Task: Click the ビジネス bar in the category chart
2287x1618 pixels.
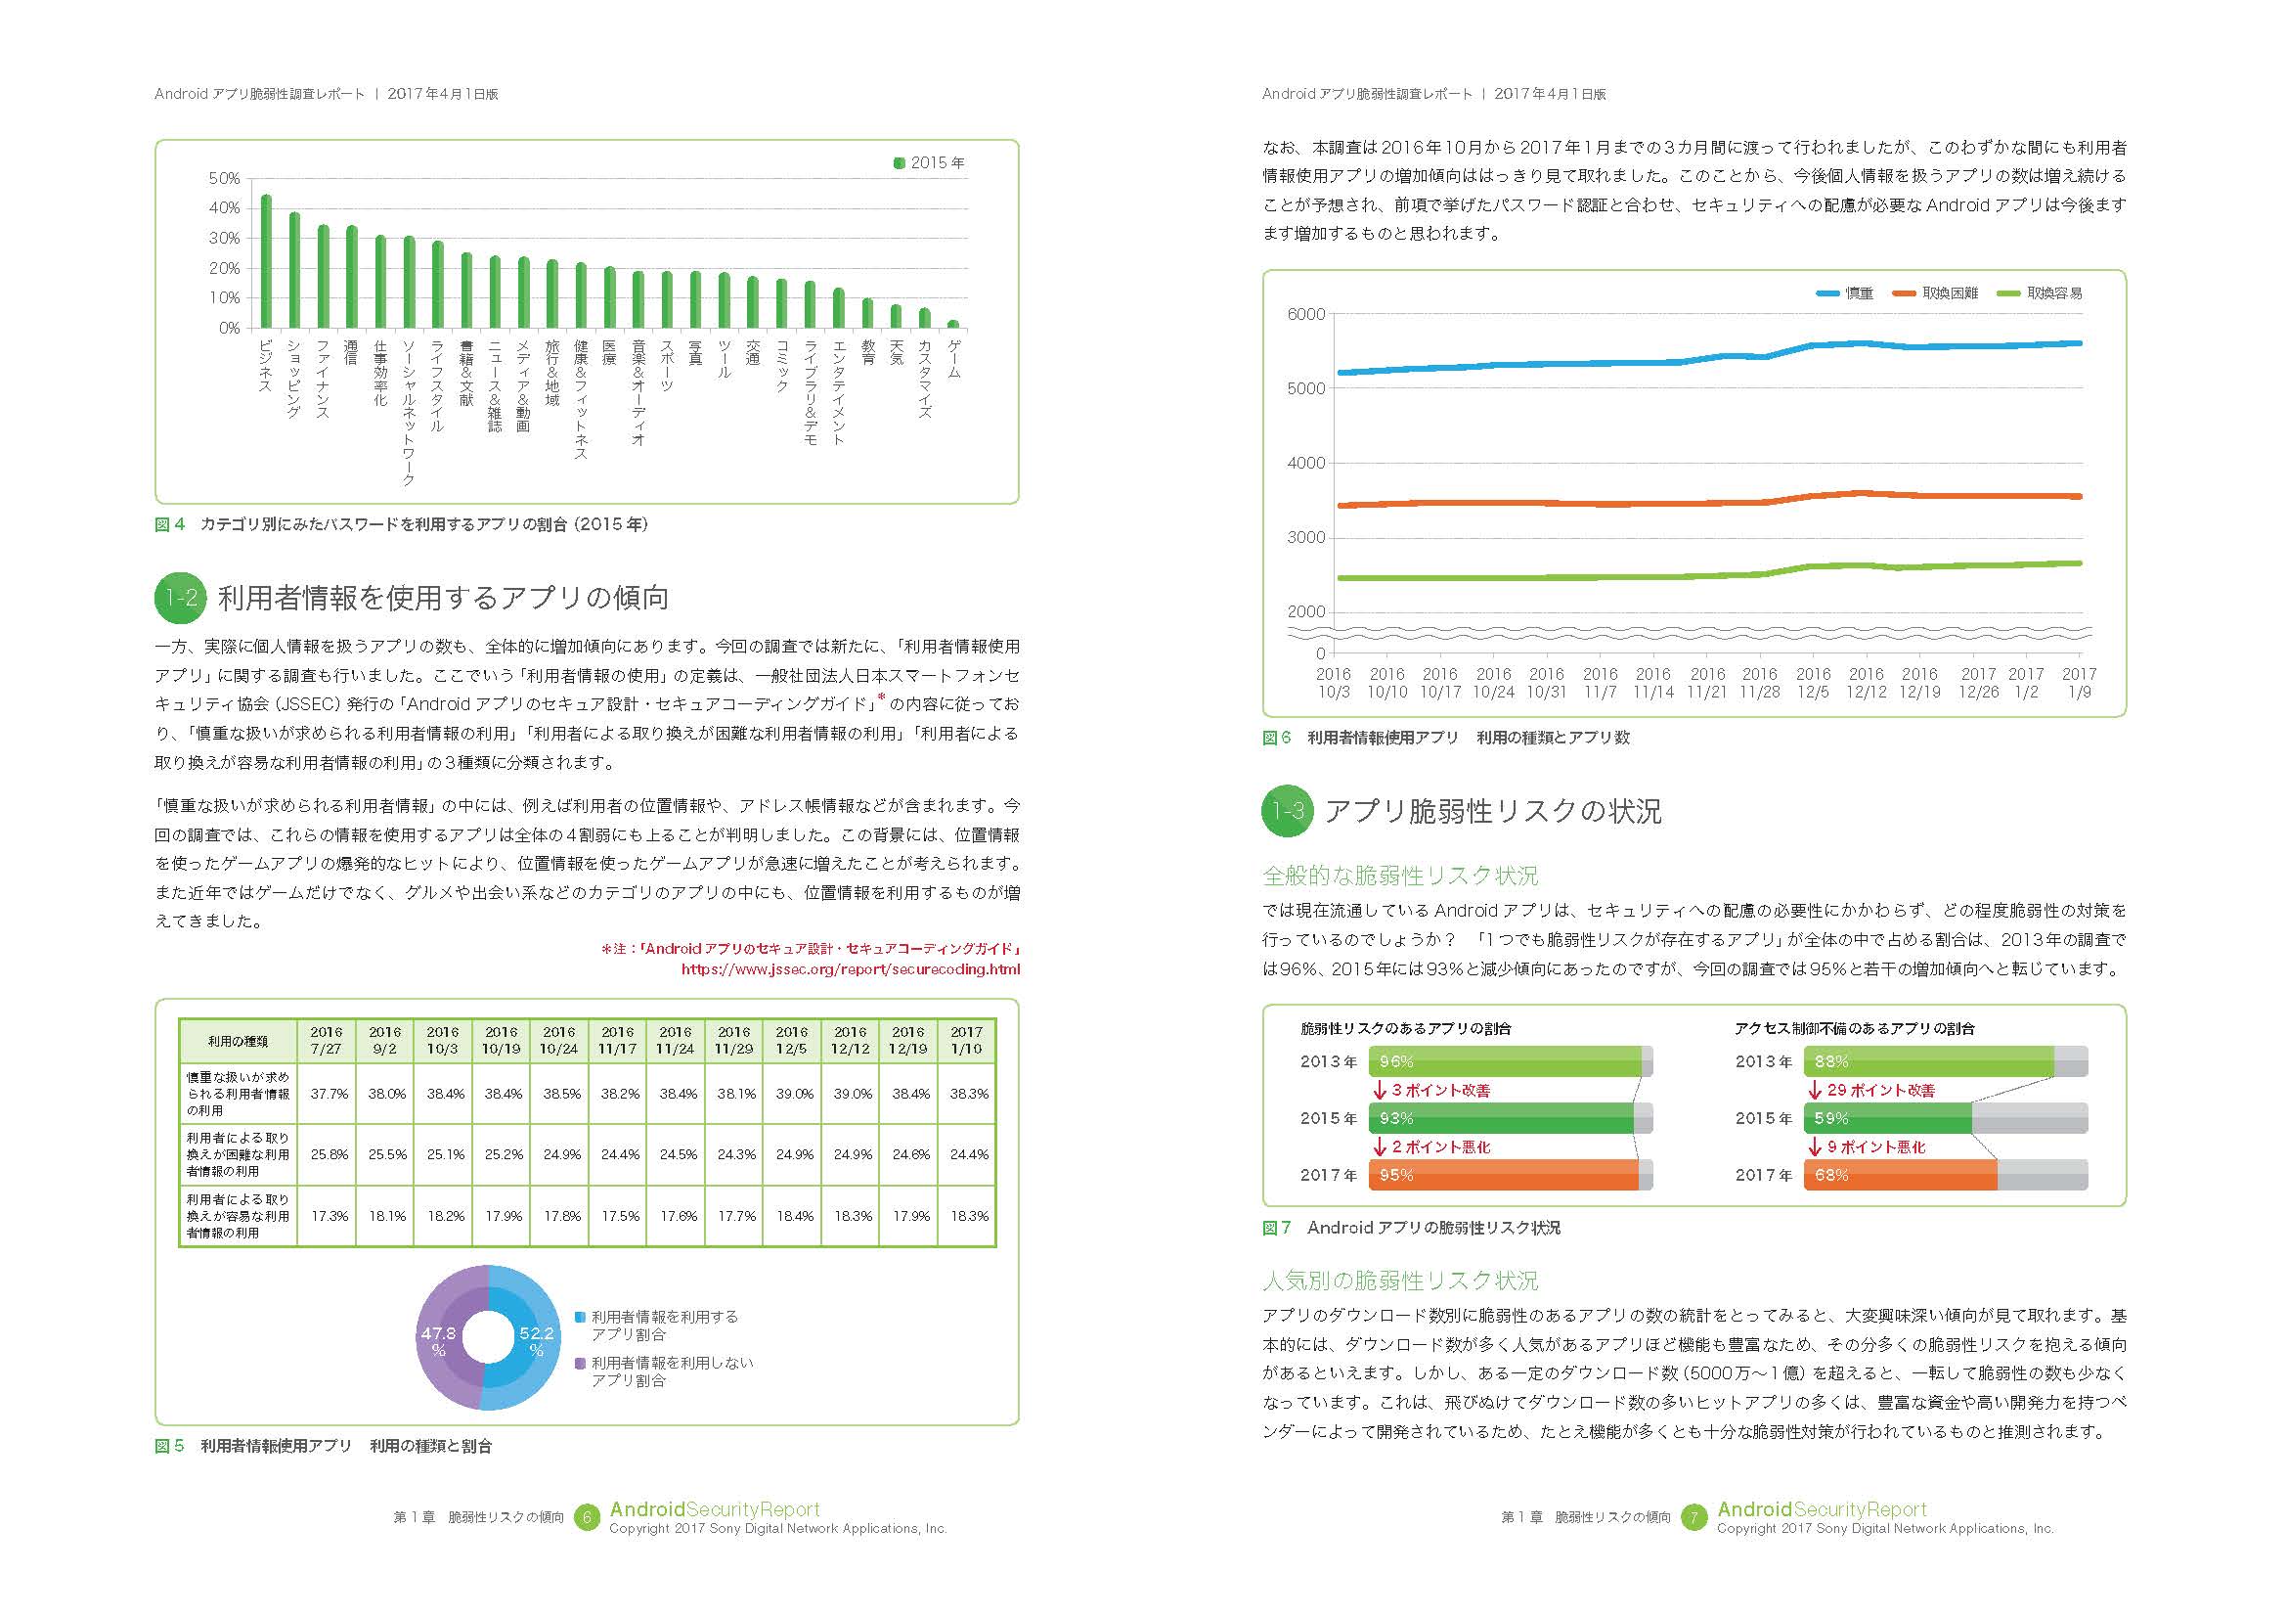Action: pos(266,261)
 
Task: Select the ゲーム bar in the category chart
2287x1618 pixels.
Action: pos(953,324)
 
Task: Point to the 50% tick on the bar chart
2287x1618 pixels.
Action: pos(225,178)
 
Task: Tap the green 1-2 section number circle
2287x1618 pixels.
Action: pos(181,598)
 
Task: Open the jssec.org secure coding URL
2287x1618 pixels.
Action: pos(850,968)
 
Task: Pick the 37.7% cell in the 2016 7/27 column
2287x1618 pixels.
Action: pos(329,1094)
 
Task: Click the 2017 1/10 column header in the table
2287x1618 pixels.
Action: pos(966,1040)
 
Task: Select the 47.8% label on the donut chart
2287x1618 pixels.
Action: pos(438,1340)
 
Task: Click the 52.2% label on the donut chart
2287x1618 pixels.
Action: pos(536,1340)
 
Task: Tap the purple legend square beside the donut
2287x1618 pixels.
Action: pos(581,1363)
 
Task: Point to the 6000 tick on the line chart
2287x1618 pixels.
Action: pos(1306,315)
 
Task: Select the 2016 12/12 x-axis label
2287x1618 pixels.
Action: pos(1866,683)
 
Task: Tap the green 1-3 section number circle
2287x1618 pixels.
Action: pos(1289,811)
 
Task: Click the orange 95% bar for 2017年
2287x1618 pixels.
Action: pos(1503,1176)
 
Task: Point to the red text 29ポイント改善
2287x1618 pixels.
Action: pos(1880,1091)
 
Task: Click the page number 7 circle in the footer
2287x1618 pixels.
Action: pos(1693,1517)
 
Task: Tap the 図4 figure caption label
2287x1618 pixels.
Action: pos(170,524)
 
